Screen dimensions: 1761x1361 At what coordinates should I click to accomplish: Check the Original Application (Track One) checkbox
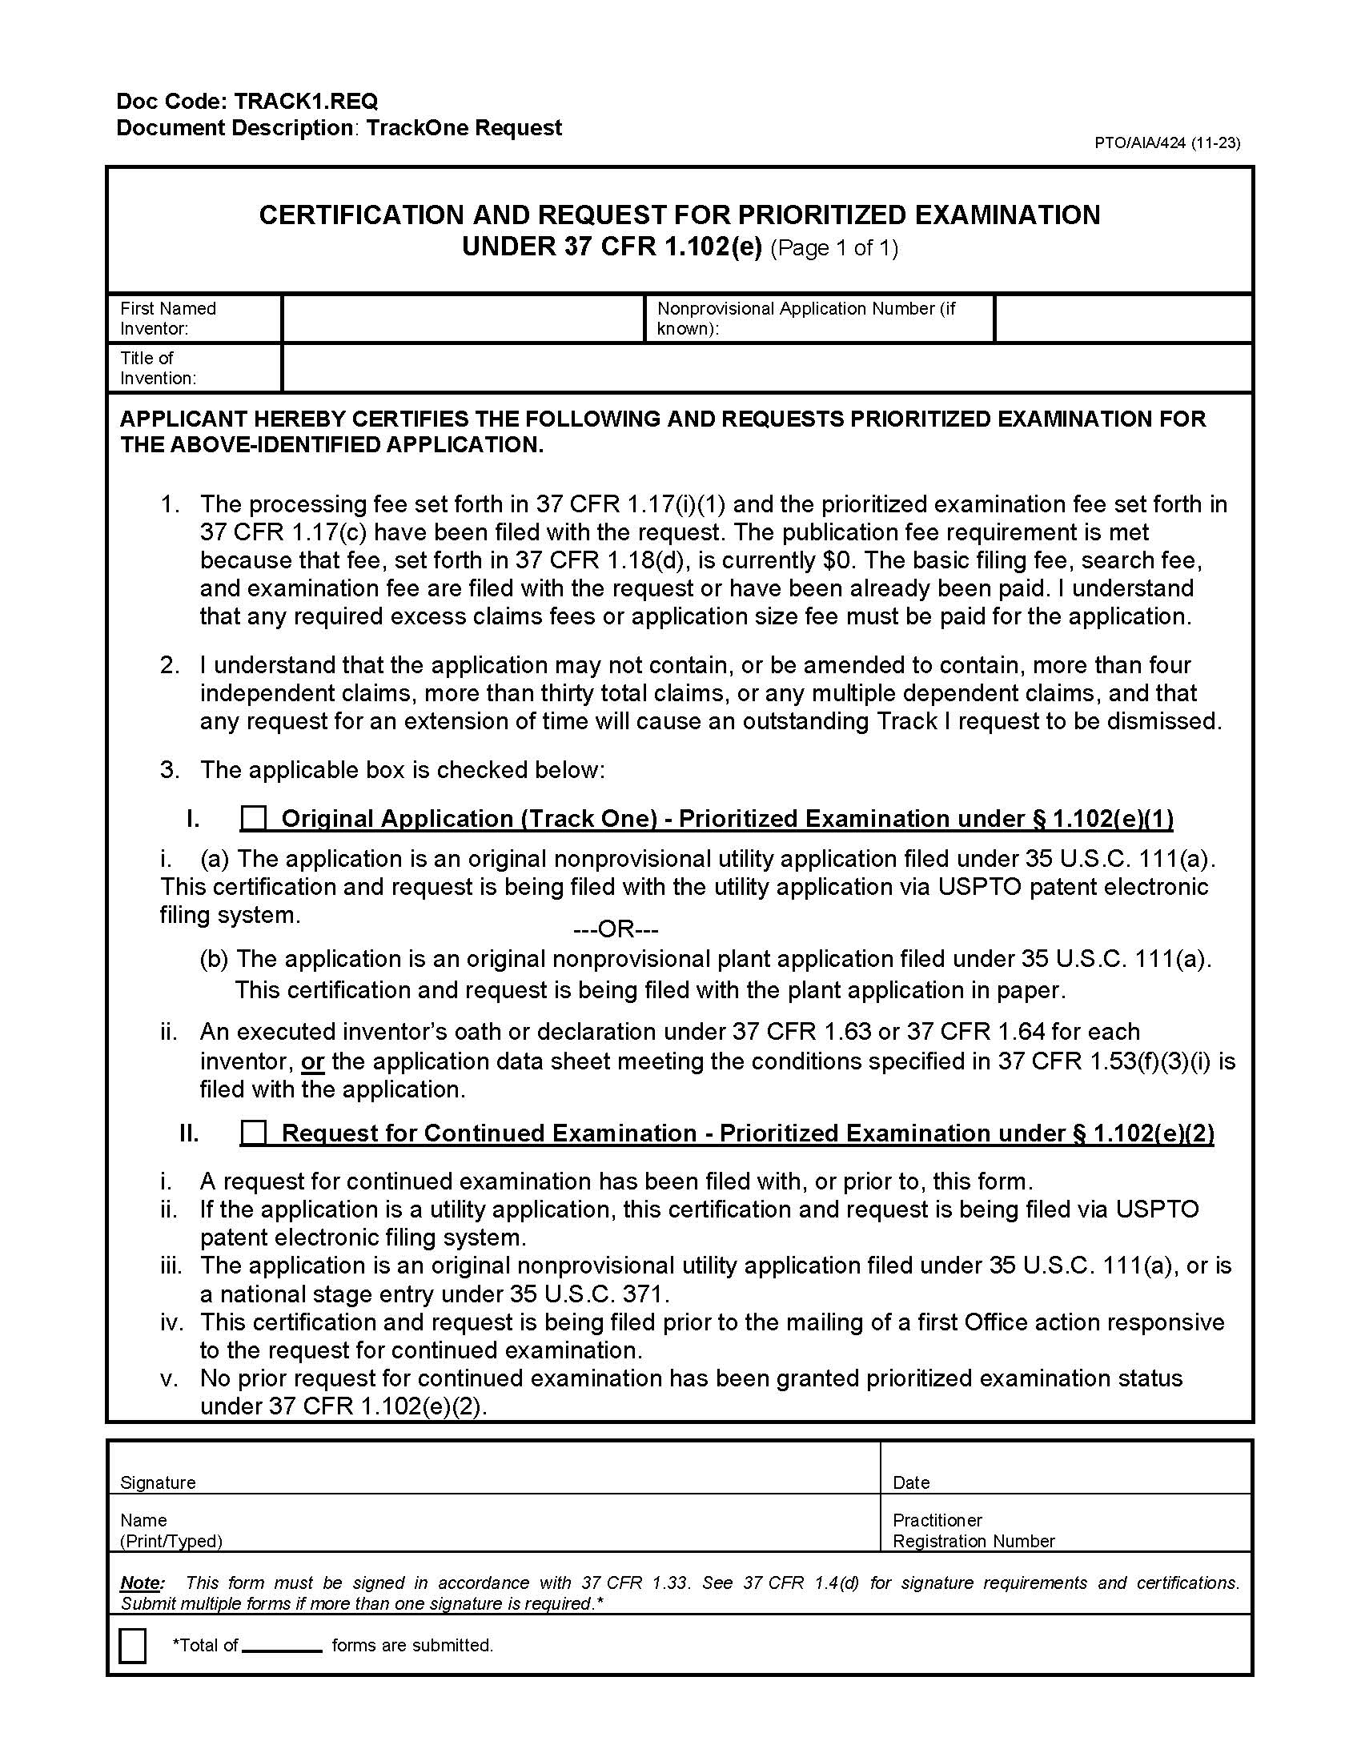pos(253,818)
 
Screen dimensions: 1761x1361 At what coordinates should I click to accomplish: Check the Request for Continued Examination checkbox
pos(253,1133)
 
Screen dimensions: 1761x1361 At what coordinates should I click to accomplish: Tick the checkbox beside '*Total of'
pos(132,1646)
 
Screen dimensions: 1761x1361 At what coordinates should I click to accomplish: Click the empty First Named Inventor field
pos(463,319)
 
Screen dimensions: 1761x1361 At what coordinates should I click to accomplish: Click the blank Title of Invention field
pos(766,367)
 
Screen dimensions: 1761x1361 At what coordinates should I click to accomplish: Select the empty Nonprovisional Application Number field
pos(1122,319)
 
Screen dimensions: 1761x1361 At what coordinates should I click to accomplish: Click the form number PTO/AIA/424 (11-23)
pos(1166,142)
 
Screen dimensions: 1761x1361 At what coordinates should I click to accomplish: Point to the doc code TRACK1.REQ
pos(305,102)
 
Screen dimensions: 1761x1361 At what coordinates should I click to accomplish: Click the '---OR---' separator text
pos(615,929)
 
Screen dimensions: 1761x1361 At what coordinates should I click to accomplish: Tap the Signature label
pos(158,1482)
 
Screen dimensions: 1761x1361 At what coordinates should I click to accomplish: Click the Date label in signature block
pos(911,1482)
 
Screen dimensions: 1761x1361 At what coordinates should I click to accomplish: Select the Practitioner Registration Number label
pos(974,1530)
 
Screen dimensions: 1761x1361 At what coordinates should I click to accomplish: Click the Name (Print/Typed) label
pos(171,1530)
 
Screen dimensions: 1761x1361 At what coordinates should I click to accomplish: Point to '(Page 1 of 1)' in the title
pos(833,247)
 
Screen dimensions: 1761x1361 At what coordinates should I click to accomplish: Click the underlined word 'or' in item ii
pos(312,1062)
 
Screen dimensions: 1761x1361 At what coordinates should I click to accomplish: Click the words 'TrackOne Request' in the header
pos(464,128)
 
